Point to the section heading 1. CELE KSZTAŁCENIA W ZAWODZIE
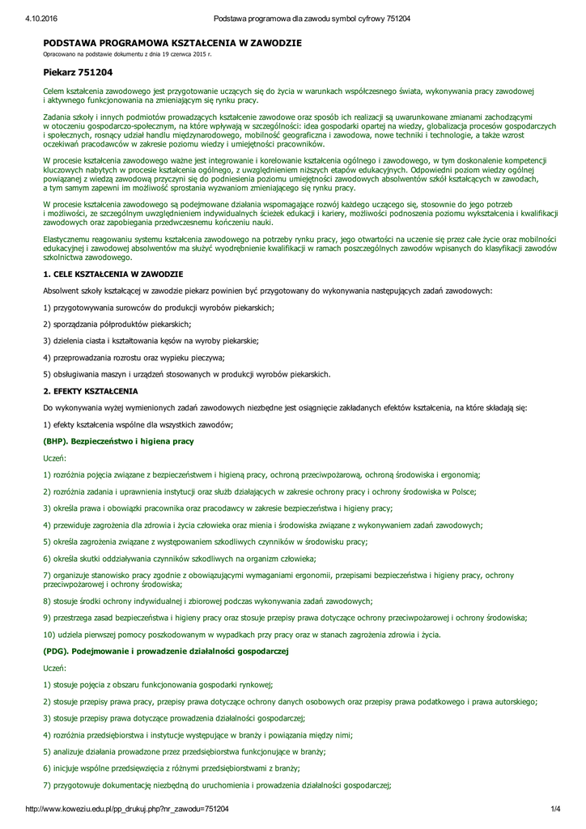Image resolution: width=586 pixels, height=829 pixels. coord(113,275)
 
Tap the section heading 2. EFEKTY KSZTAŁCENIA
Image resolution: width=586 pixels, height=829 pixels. coord(91,391)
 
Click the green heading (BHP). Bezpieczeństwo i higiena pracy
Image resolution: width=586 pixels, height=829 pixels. coord(118,441)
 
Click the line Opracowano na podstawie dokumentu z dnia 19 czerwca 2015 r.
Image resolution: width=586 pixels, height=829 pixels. coord(126,54)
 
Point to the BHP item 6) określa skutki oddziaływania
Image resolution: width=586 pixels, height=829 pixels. coord(179,559)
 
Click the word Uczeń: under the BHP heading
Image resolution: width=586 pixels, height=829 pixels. coord(55,458)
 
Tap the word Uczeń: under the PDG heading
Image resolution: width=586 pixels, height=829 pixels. coord(55,668)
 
